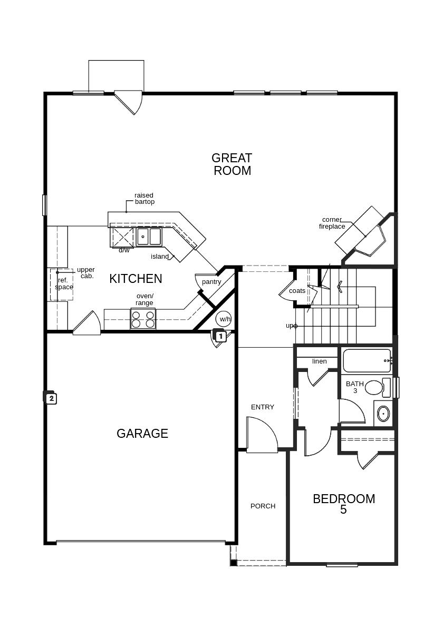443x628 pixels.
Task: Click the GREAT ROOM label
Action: [232, 164]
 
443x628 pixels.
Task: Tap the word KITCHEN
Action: [136, 279]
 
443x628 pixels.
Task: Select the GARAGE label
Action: [142, 434]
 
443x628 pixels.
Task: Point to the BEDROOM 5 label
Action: [344, 504]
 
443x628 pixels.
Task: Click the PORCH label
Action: [263, 506]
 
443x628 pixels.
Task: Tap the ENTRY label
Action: [263, 407]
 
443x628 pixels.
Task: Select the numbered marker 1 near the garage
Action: [220, 336]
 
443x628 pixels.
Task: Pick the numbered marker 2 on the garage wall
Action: [51, 398]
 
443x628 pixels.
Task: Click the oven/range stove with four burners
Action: [143, 318]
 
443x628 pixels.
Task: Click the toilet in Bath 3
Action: [378, 387]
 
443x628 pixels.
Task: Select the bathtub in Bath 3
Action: [367, 361]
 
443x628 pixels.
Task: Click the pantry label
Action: [211, 282]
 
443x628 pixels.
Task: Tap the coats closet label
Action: [297, 291]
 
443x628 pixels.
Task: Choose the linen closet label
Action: [320, 361]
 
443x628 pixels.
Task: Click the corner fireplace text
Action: [332, 223]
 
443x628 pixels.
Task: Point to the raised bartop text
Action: [145, 199]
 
